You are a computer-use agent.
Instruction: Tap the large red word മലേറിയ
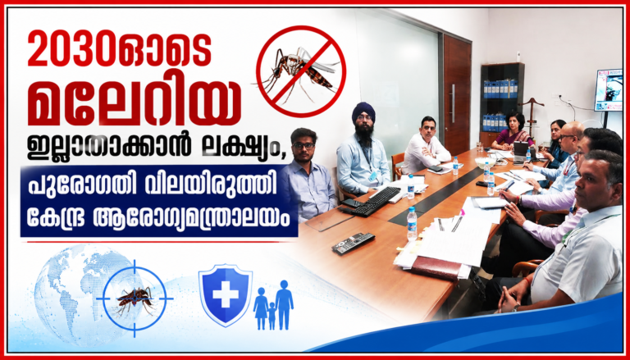pyautogui.click(x=135, y=104)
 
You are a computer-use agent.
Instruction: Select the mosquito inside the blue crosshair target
pyautogui.click(x=135, y=299)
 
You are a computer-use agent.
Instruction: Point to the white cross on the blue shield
pyautogui.click(x=226, y=294)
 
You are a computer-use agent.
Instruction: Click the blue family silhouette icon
pyautogui.click(x=273, y=304)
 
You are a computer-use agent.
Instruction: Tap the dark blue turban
pyautogui.click(x=363, y=112)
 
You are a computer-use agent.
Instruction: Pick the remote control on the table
pyautogui.click(x=354, y=244)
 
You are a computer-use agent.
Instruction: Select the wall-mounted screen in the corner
pyautogui.click(x=608, y=90)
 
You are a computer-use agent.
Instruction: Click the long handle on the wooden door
pyautogui.click(x=453, y=103)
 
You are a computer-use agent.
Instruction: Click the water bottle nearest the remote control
pyautogui.click(x=412, y=223)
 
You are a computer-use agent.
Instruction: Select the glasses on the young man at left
pyautogui.click(x=304, y=144)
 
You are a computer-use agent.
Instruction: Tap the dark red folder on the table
pyautogui.click(x=436, y=267)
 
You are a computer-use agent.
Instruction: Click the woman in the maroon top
pyautogui.click(x=512, y=133)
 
